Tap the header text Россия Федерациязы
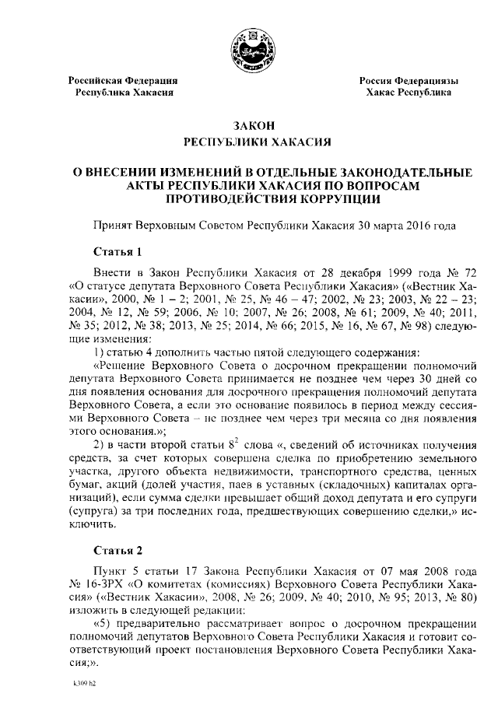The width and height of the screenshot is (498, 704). (x=408, y=81)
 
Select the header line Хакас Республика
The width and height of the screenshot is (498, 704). (x=409, y=93)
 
